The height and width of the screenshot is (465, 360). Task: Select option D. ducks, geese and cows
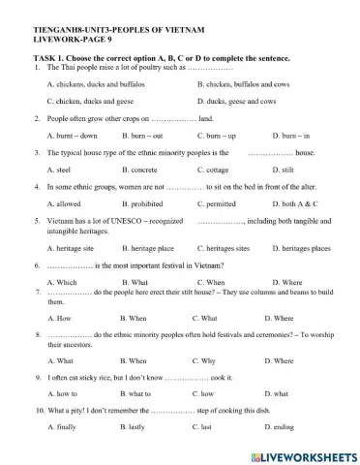pos(236,101)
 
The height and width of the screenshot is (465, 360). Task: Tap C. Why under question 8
pos(203,360)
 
